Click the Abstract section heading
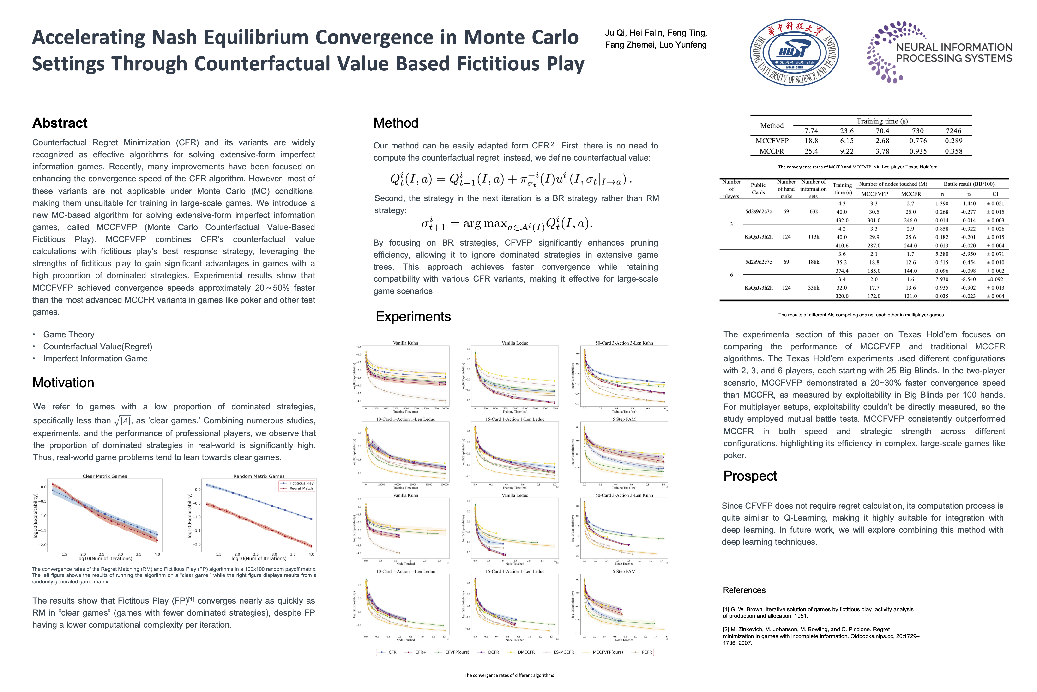tap(60, 123)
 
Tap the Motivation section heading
tap(63, 383)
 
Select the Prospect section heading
tap(750, 476)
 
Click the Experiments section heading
tap(413, 316)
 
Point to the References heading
tap(744, 590)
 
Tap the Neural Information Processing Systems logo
tap(939, 52)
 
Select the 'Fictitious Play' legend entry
tap(301, 483)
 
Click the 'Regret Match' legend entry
tap(301, 488)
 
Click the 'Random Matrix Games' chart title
tap(259, 476)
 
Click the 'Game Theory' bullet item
tap(69, 334)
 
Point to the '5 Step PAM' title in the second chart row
tap(624, 419)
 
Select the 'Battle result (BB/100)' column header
tap(969, 184)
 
